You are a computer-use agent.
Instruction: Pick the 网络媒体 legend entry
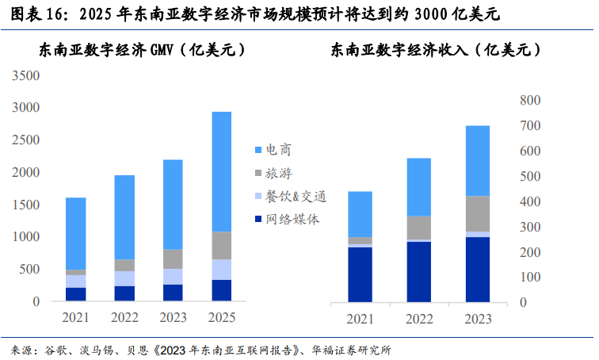coord(292,220)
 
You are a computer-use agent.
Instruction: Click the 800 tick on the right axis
coord(528,100)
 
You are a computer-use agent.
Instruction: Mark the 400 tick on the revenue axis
coord(528,201)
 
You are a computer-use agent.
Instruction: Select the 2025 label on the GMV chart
coord(222,318)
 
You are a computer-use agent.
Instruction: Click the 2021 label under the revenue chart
coord(360,318)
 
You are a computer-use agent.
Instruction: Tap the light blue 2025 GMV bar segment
coord(222,171)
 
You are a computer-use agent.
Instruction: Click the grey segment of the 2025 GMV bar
coord(222,246)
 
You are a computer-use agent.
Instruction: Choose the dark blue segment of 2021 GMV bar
coord(76,294)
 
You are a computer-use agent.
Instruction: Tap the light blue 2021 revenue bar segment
coord(360,214)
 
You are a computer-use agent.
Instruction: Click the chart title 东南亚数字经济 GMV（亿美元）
coord(143,50)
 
